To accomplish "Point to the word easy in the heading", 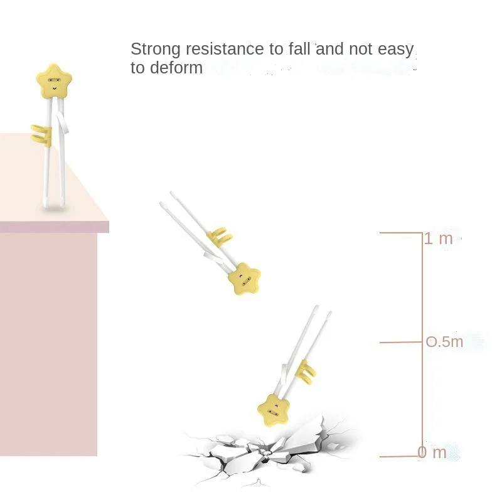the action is (395, 49).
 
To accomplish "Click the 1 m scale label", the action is (439, 238).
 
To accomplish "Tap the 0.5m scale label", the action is (445, 342).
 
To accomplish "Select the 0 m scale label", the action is (434, 452).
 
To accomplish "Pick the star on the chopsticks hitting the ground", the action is (274, 409).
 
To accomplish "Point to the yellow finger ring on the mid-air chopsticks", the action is (220, 237).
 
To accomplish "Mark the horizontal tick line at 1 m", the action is (401, 233).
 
